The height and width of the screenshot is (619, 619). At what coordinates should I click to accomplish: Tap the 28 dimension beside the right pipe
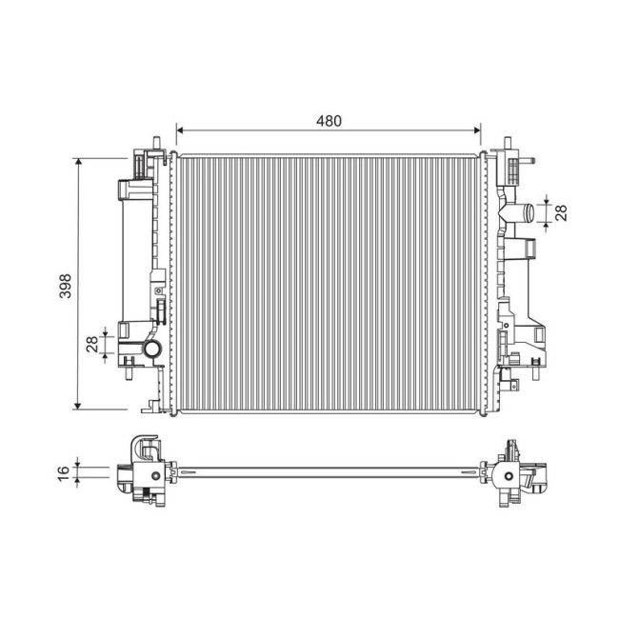(562, 211)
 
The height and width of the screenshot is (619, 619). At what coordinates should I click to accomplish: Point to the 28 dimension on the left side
(92, 344)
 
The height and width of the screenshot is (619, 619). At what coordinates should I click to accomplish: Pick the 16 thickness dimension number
(64, 471)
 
